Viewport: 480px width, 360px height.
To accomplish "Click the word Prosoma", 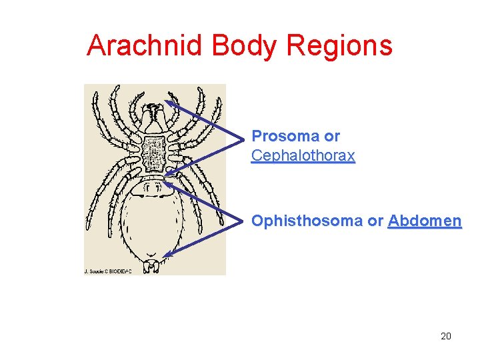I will (x=285, y=137).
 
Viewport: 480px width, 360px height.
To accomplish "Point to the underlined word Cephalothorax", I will (x=303, y=157).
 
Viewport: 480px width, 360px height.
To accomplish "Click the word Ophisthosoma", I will (x=307, y=221).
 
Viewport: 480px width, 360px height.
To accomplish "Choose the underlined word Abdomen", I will (x=425, y=221).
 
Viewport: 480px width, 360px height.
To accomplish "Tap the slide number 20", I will (x=446, y=336).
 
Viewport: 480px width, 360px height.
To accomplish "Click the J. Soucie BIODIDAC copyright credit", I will (x=107, y=271).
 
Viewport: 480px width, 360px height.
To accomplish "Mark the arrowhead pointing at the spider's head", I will (x=171, y=104).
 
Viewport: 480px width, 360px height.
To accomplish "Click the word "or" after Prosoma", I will (x=331, y=137).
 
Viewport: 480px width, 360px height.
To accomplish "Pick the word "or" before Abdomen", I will (x=375, y=221).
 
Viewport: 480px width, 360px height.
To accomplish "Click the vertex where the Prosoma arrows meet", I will (x=244, y=139).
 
